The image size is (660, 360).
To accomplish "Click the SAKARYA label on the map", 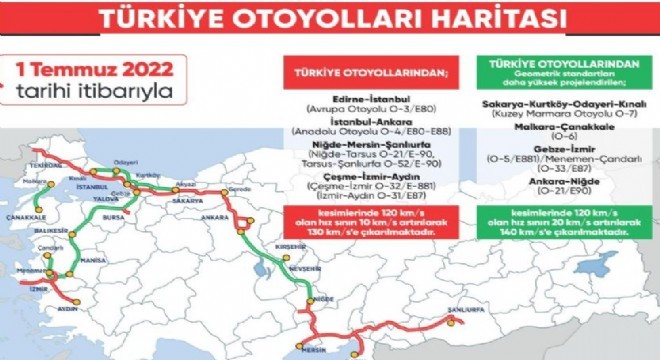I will (188, 200).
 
